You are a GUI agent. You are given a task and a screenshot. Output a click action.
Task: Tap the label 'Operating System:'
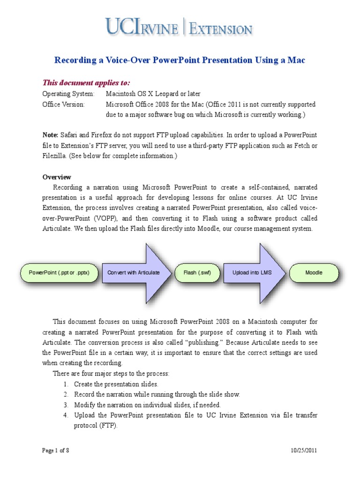[x=68, y=94]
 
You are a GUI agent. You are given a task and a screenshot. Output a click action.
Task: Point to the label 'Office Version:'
[x=64, y=104]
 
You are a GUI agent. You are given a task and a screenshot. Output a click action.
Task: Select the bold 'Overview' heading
[x=57, y=177]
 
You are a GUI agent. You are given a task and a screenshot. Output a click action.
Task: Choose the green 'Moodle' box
[x=314, y=272]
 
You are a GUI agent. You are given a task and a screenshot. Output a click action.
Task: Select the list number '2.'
[x=66, y=394]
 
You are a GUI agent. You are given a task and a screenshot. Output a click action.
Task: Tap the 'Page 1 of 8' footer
[x=56, y=450]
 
